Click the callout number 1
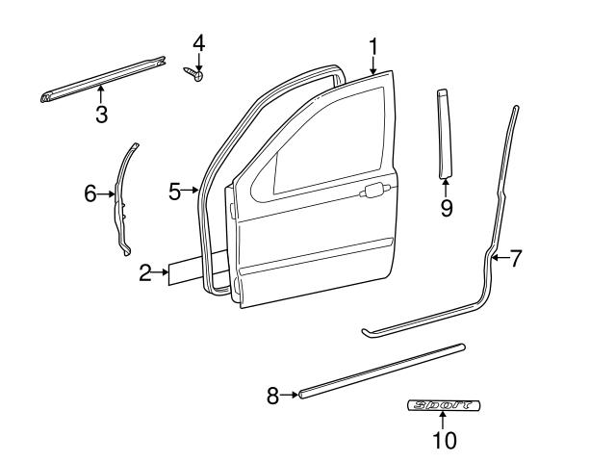tap(373, 45)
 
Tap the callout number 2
tap(145, 274)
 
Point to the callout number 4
tap(198, 42)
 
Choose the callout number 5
tap(174, 192)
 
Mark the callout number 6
tap(90, 193)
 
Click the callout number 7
tap(515, 258)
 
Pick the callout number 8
tap(272, 394)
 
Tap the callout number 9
tap(447, 207)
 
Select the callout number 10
tap(445, 440)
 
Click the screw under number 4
tap(195, 72)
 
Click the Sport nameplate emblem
tap(445, 406)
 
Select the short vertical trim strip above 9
tap(445, 132)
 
